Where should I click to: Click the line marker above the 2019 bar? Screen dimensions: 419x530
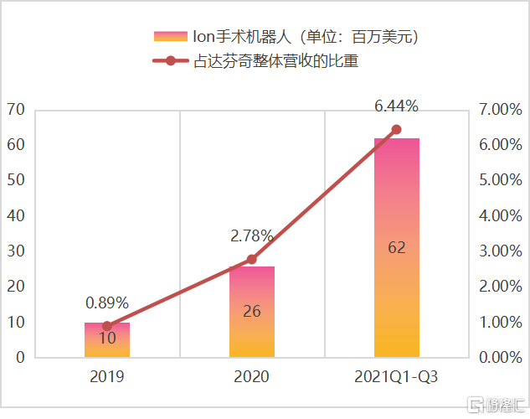click(x=107, y=326)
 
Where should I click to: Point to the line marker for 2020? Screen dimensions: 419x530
click(x=252, y=260)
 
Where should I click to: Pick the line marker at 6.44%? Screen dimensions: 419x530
click(x=397, y=130)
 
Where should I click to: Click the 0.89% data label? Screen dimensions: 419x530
click(x=106, y=303)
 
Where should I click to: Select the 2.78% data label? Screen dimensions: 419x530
click(x=252, y=236)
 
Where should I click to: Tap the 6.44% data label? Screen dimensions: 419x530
click(x=396, y=106)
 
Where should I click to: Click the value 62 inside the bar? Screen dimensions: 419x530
click(x=397, y=247)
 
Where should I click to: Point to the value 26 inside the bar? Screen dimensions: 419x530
click(x=252, y=312)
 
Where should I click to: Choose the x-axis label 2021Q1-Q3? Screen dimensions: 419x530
click(x=396, y=378)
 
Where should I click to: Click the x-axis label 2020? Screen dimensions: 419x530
click(x=251, y=378)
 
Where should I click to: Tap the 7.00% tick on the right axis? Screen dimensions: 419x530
click(x=500, y=110)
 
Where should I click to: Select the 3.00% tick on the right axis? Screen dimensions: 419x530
click(x=500, y=251)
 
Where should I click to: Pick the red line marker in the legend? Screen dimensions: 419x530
click(x=170, y=61)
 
